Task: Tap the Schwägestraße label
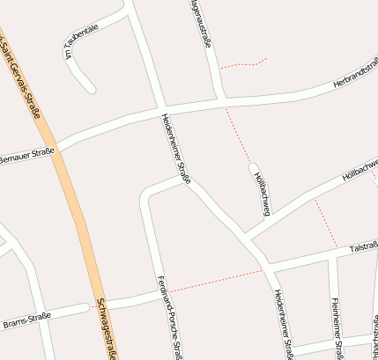coord(106,327)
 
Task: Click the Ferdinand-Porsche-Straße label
coord(170,317)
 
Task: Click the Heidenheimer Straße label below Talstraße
coord(283,322)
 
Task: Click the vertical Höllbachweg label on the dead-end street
coord(262,193)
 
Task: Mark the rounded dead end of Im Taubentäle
coord(90,87)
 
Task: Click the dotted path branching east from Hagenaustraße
coord(242,64)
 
